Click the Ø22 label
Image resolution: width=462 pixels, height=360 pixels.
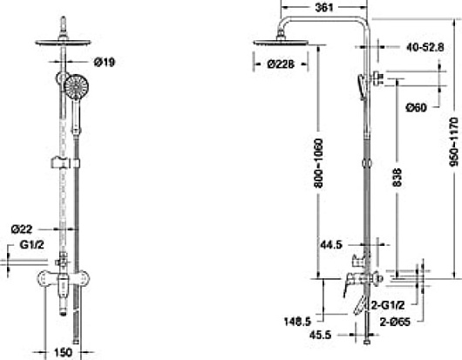pos(24,228)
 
